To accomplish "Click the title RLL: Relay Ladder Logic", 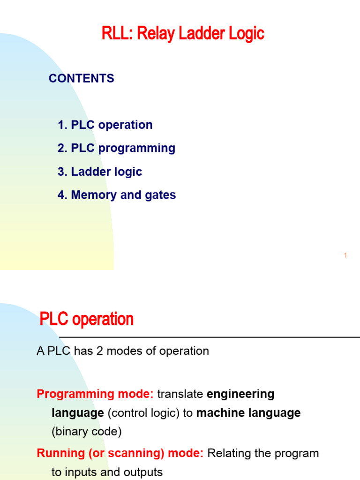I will click(x=183, y=34).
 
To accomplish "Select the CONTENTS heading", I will click(x=81, y=78).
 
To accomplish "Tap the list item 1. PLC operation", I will click(x=105, y=125).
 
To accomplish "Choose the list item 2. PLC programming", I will click(x=116, y=148).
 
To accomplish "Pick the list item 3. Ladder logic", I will click(x=100, y=172).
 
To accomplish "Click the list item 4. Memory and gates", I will click(x=117, y=195).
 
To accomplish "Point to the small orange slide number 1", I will click(x=345, y=255).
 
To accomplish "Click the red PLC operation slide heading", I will click(x=87, y=319).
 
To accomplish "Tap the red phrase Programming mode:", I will click(x=95, y=394).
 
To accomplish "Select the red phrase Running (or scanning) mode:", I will click(x=120, y=453).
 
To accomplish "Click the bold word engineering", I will click(x=240, y=394).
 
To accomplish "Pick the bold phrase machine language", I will click(x=248, y=413).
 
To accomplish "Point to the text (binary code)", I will click(x=86, y=432).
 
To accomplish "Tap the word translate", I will click(x=180, y=394).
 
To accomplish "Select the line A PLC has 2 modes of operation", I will click(x=123, y=351).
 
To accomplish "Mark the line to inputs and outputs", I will click(x=107, y=472).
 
